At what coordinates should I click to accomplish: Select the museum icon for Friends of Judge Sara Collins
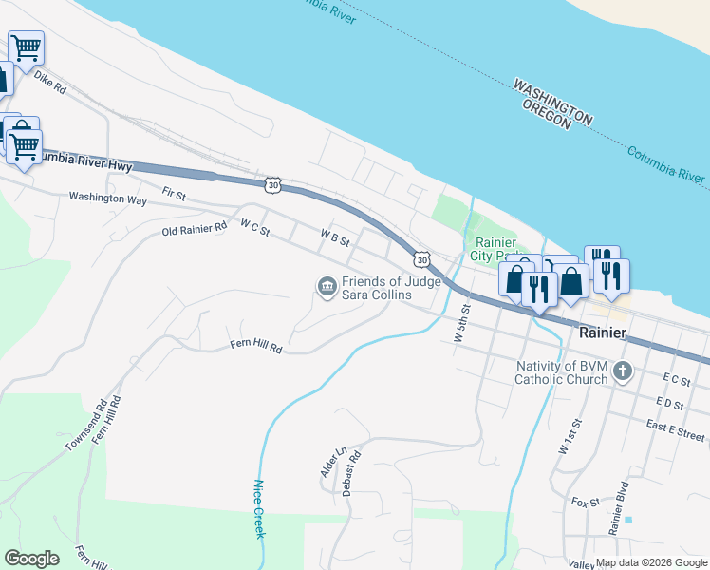coord(327,286)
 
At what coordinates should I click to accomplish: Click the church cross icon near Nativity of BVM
coord(623,370)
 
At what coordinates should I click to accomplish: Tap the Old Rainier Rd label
coord(195,230)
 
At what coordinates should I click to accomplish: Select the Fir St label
coord(174,193)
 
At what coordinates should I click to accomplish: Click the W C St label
coord(255,227)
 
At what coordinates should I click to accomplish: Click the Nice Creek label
coord(257,508)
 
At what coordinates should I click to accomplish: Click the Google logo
coord(31,559)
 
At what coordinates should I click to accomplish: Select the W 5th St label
coord(462,323)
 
